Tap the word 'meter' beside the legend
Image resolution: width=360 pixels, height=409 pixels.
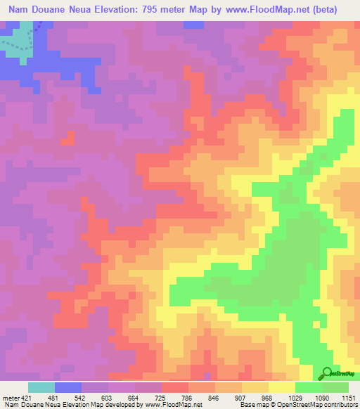tap(10, 397)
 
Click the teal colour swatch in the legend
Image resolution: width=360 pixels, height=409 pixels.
tap(41, 387)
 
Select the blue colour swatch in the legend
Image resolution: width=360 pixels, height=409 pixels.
tap(68, 387)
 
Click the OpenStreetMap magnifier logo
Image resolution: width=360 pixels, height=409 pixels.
tap(327, 374)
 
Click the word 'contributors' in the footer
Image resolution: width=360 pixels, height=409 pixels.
tap(339, 405)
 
